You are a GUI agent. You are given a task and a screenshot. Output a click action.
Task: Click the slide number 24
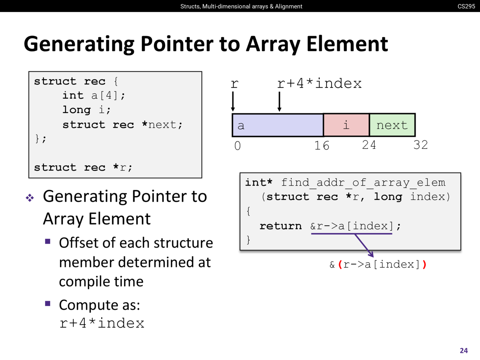(463, 350)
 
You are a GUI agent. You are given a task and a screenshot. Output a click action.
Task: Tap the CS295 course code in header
(466, 6)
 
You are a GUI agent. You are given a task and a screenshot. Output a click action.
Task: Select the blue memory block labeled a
(277, 125)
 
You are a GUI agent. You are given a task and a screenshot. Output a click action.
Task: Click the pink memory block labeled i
(346, 125)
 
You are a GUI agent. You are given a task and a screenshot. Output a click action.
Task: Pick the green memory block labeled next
(392, 125)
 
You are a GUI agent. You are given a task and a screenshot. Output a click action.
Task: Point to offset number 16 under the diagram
(322, 145)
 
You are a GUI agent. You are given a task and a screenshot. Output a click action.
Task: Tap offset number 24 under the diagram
(369, 145)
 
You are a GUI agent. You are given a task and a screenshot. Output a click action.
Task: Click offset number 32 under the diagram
(420, 145)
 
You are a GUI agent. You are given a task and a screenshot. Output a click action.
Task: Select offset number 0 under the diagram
(237, 145)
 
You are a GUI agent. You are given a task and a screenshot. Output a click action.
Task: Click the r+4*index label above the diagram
(319, 83)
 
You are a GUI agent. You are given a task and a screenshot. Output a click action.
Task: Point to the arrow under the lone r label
(233, 101)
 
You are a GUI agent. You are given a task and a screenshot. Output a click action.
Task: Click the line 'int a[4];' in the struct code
(94, 95)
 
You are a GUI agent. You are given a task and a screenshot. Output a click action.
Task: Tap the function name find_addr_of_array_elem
(363, 182)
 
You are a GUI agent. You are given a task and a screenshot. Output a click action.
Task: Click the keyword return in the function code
(280, 226)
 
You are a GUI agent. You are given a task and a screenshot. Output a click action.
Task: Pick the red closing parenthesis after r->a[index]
(424, 264)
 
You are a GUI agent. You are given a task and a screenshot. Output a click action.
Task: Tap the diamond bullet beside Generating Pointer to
(30, 198)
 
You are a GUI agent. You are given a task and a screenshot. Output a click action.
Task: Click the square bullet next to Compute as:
(48, 303)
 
